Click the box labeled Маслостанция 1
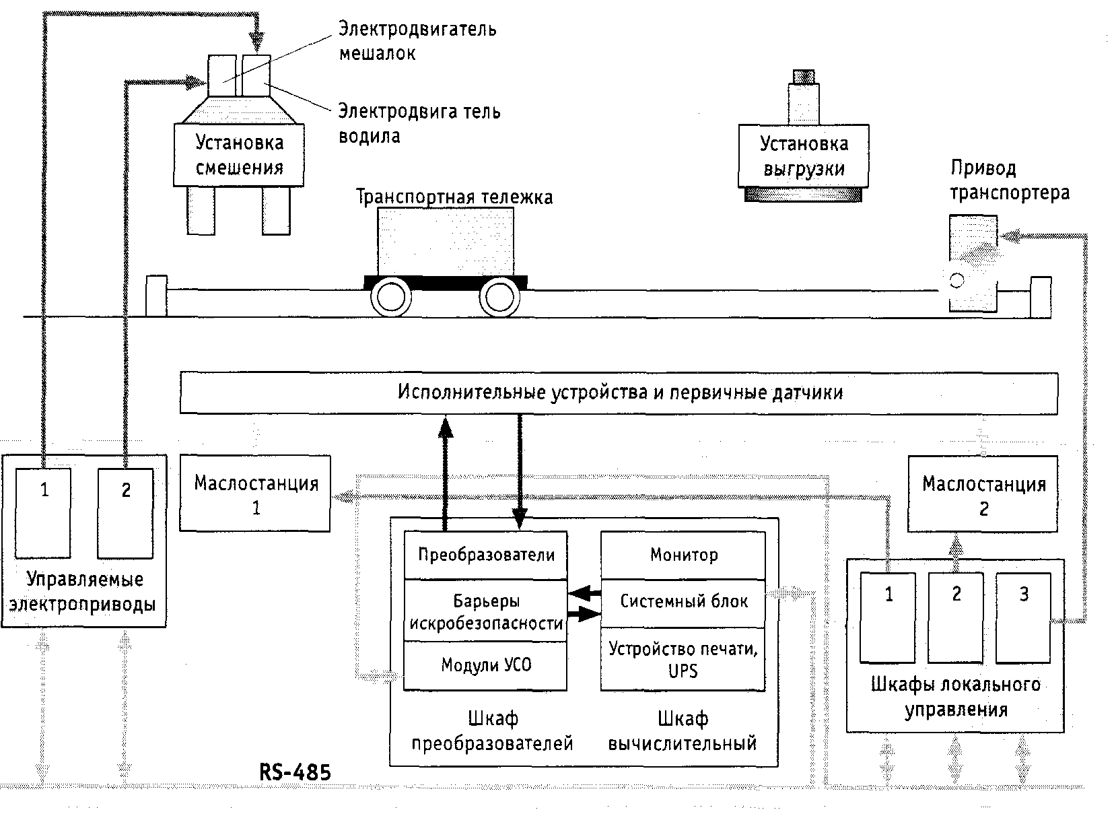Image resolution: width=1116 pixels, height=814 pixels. pos(255,494)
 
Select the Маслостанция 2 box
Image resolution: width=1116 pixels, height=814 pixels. pos(983,494)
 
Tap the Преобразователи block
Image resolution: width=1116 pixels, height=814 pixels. pos(485,555)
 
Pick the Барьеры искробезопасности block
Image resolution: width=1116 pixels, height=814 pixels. pos(485,611)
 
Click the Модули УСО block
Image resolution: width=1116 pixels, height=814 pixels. pos(485,665)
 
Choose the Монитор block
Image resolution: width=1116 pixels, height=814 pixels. pos(683,555)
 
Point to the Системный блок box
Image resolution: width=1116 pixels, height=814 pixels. pos(683,601)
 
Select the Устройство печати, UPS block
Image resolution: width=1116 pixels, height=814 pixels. pos(683,659)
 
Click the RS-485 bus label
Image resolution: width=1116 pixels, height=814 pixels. pos(295,772)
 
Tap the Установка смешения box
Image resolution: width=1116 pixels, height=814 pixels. pos(239,155)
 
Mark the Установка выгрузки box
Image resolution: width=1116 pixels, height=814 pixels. pos(804,156)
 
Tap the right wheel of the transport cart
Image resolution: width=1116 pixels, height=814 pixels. pos(499,297)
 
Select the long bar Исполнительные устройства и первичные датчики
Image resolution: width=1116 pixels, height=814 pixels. pos(619,393)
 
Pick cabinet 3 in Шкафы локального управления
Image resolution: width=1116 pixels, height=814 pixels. pos(1023,617)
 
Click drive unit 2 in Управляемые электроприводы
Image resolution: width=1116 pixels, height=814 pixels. pos(126,513)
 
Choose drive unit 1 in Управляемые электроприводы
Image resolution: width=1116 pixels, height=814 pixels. pos(44,513)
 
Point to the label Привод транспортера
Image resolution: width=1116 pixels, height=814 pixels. pos(1009,180)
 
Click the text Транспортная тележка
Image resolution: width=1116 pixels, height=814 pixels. pos(454,197)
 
